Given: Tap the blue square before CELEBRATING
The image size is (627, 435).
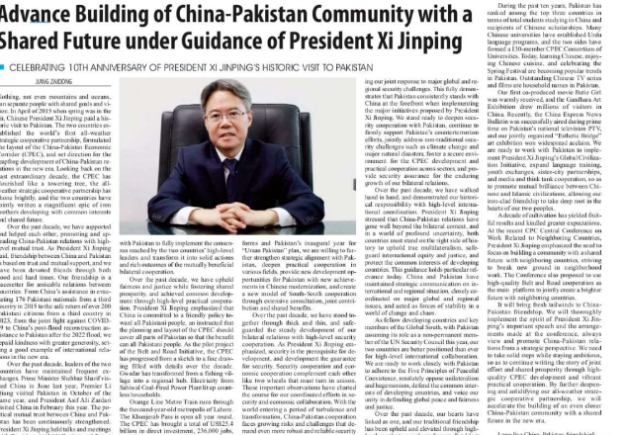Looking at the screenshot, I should click(4, 67).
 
